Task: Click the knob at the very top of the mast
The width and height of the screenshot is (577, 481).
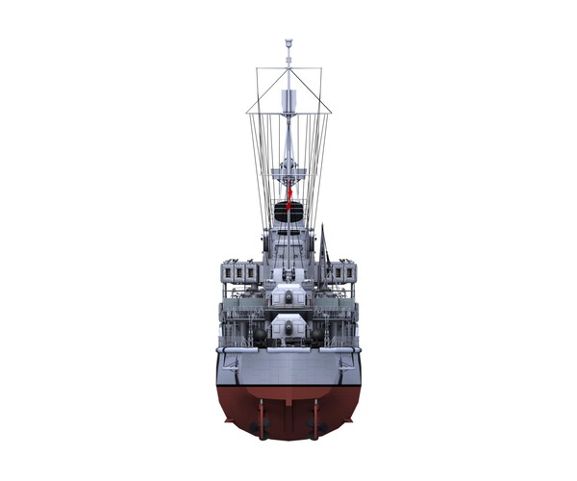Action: click(x=288, y=42)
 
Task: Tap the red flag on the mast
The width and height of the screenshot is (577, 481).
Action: click(x=288, y=192)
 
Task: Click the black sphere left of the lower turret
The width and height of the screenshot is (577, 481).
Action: click(x=260, y=333)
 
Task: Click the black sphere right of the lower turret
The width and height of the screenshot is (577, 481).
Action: click(x=317, y=333)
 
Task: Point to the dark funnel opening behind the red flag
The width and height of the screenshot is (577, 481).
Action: click(x=288, y=214)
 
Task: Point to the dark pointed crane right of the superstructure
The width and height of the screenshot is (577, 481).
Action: click(x=324, y=245)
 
